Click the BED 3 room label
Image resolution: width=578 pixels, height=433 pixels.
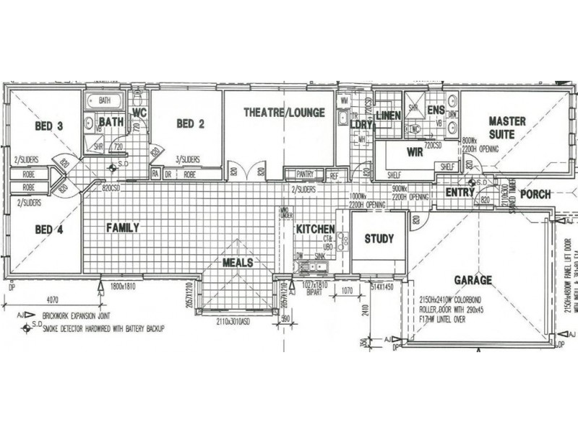click(x=49, y=126)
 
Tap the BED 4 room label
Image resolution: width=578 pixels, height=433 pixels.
click(x=49, y=229)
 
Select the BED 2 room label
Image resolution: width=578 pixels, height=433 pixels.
click(x=190, y=124)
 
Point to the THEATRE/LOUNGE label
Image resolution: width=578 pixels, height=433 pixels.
click(x=283, y=113)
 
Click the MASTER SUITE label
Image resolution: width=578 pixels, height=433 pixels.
click(x=506, y=127)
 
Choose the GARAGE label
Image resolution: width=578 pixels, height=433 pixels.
click(x=473, y=280)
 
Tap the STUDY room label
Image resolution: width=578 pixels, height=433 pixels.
click(x=378, y=239)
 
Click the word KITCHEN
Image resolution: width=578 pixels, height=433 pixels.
click(x=315, y=229)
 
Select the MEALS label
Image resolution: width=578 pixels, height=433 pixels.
click(x=238, y=263)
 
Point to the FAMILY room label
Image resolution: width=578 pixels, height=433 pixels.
click(x=122, y=227)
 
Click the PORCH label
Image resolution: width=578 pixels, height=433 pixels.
click(x=535, y=194)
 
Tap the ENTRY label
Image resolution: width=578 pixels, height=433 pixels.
click(x=460, y=192)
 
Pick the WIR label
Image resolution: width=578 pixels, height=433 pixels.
click(x=415, y=152)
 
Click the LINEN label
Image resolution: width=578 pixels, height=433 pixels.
click(x=388, y=115)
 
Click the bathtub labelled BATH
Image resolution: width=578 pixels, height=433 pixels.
click(x=105, y=101)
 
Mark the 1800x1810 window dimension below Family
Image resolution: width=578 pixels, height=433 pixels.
click(x=124, y=287)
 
